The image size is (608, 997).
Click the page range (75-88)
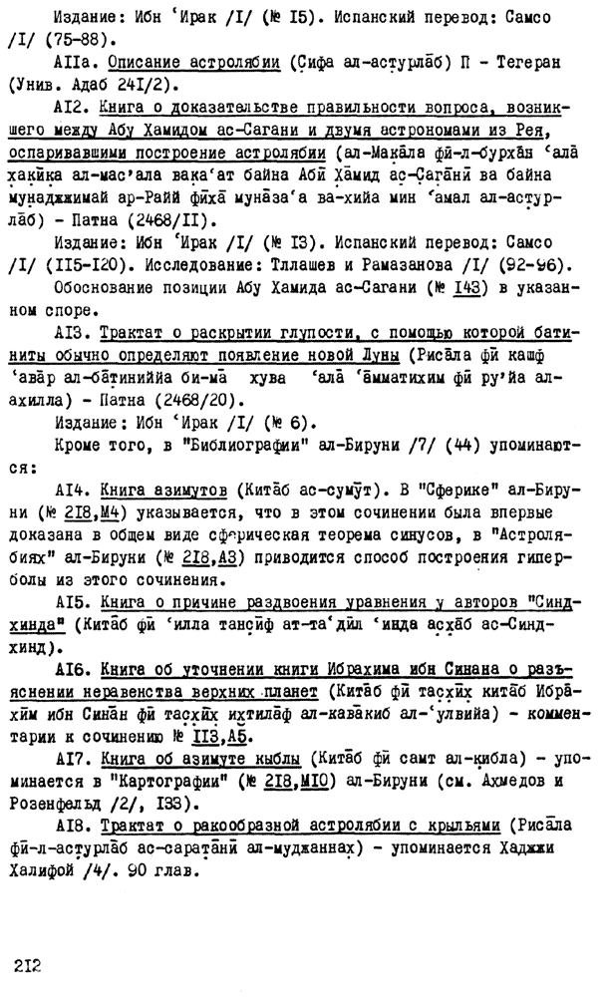click(x=70, y=43)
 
